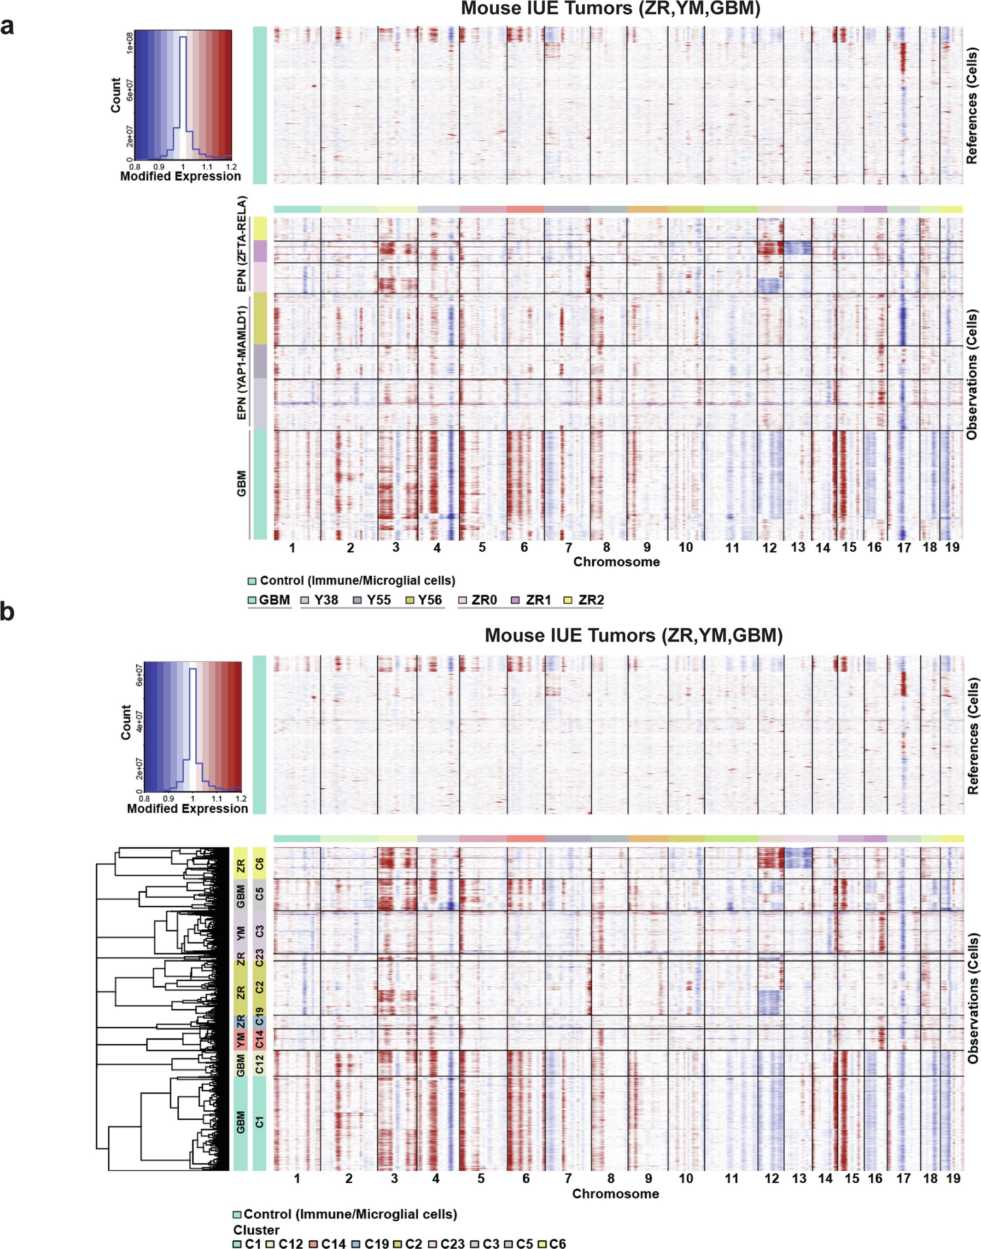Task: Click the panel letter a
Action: (7, 27)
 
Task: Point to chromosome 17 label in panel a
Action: (904, 548)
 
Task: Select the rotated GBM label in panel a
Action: (242, 483)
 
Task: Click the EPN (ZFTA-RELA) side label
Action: (242, 243)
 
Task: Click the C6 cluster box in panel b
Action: (260, 863)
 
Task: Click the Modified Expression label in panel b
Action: (187, 809)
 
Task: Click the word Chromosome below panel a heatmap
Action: (616, 562)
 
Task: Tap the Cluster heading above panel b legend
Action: (256, 1230)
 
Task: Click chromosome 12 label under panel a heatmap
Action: (769, 548)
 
